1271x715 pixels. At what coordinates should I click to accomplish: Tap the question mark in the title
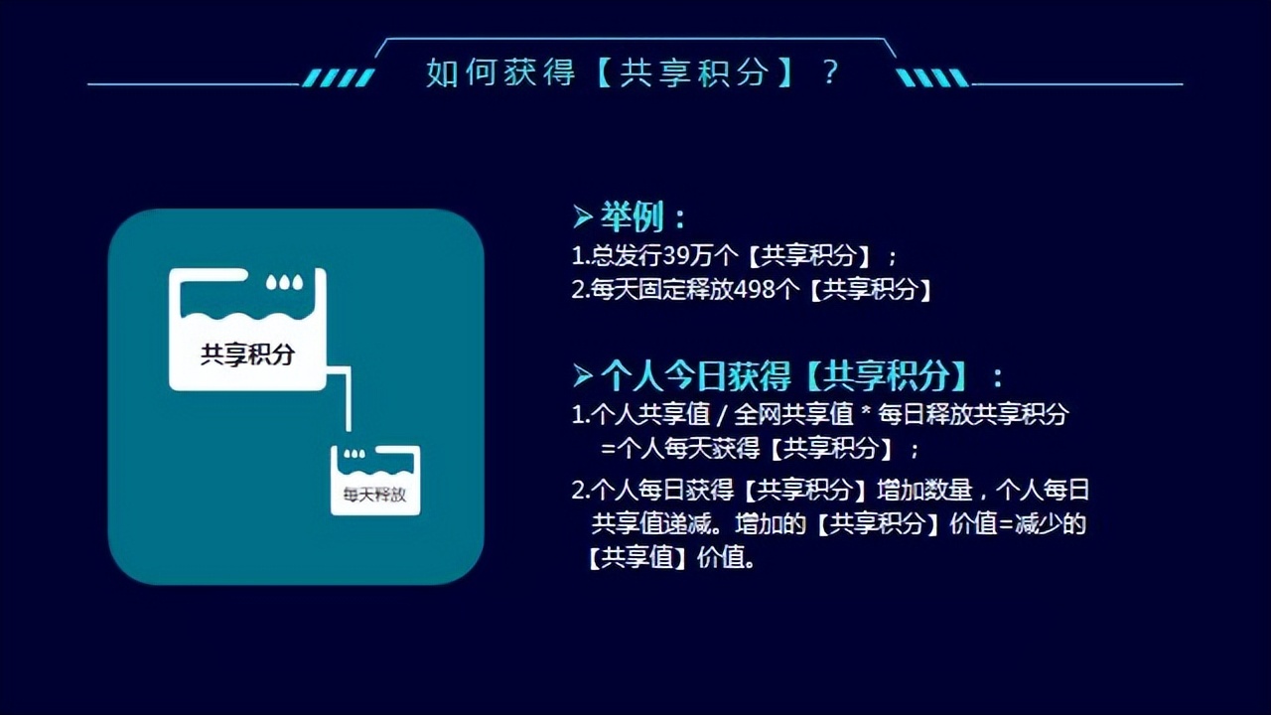[831, 71]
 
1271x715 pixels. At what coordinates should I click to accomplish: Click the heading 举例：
[642, 217]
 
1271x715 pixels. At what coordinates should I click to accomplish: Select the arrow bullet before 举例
[583, 215]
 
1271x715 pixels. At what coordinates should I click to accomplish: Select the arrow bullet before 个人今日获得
[583, 375]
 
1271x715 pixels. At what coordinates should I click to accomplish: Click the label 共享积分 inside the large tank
[247, 355]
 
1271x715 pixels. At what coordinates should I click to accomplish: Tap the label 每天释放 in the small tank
[374, 495]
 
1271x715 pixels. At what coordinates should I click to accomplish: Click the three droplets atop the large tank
[285, 283]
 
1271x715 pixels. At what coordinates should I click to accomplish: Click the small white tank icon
[374, 480]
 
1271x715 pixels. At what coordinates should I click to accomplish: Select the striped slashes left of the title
[338, 77]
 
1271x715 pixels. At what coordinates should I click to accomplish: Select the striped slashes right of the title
[931, 77]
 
